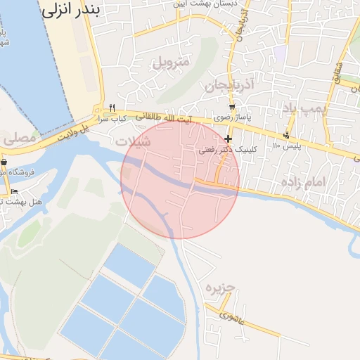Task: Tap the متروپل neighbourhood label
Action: (172, 62)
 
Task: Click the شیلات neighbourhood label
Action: (133, 141)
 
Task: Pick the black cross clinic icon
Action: (229, 139)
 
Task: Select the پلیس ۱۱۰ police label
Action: (267, 146)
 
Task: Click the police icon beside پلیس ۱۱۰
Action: (285, 135)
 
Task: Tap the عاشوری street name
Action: (231, 316)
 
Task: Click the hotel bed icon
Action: (14, 191)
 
